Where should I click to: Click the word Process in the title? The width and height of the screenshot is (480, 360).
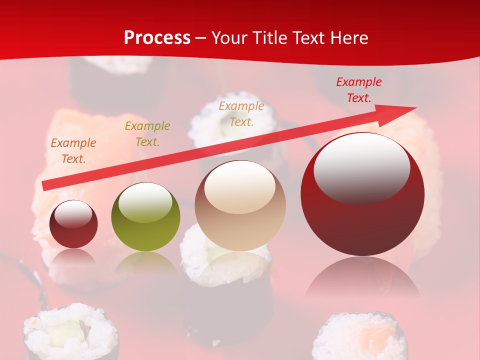157,38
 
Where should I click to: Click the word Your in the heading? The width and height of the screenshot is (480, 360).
229,38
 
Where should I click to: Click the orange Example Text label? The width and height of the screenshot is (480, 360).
73,151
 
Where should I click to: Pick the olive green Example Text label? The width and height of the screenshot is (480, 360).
147,134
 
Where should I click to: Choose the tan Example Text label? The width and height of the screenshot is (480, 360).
241,113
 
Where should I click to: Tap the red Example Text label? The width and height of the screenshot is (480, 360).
359,90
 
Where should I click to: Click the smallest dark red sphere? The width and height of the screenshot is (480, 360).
74,224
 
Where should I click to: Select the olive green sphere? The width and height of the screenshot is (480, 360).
145,217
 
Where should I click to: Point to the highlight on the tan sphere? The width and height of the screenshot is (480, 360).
240,186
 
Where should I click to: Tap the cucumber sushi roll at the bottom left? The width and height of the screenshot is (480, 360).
71,332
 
